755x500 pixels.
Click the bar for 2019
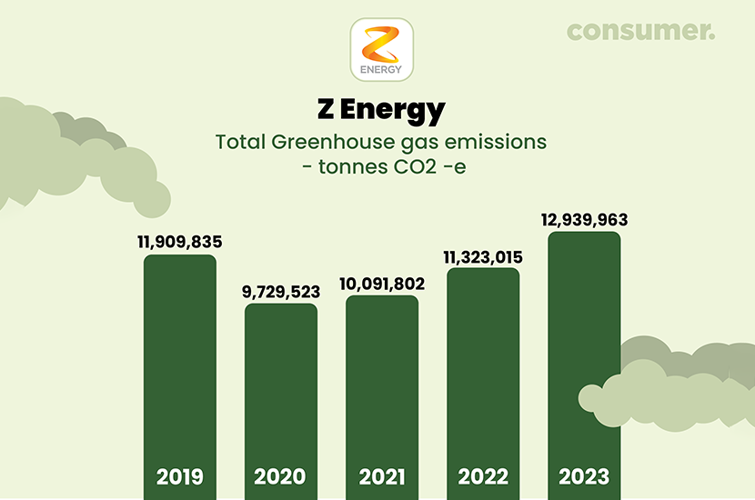click(x=180, y=364)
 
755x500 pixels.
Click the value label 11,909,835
click(x=180, y=243)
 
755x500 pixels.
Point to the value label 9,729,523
click(x=281, y=292)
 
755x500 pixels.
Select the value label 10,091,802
click(x=382, y=284)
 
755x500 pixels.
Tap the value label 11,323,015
click(x=483, y=256)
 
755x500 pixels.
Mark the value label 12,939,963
click(x=584, y=220)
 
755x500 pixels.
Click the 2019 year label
click(x=180, y=476)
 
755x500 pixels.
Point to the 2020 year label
click(x=281, y=476)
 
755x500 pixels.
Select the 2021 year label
click(x=382, y=476)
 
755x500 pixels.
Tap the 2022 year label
click(x=483, y=476)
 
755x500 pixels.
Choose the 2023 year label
click(x=584, y=476)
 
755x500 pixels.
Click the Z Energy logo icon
click(x=382, y=49)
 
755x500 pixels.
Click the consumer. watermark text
click(x=641, y=30)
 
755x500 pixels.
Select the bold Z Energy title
click(x=382, y=111)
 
